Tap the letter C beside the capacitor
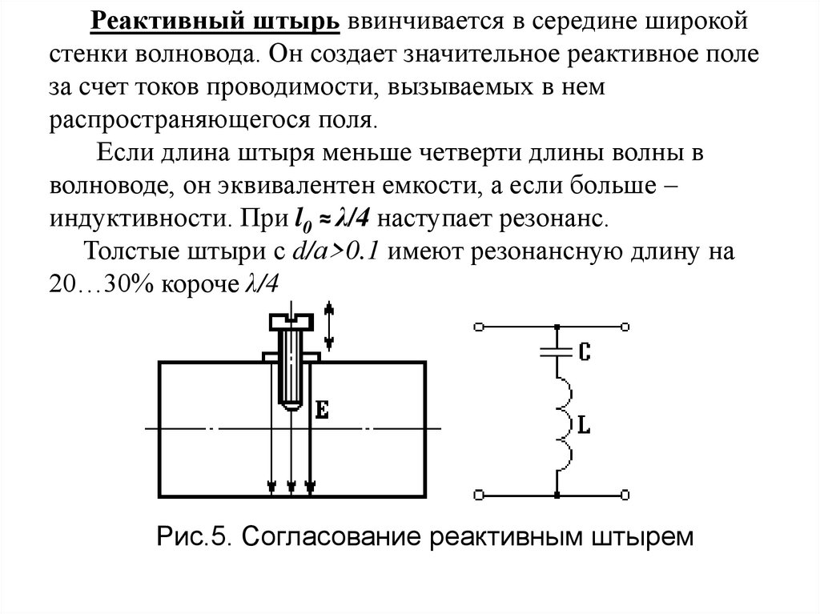point(584,350)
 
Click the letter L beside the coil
point(584,427)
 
